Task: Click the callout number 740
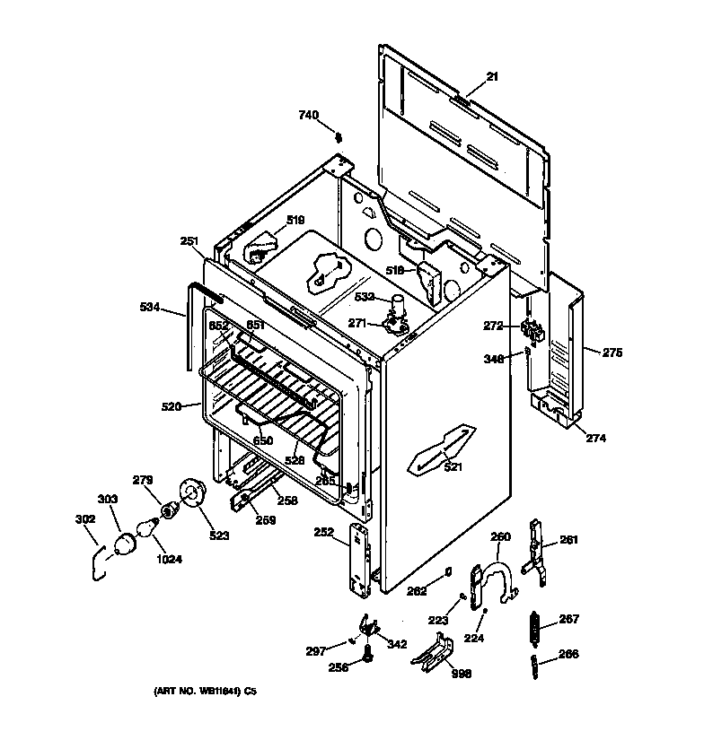pos(309,115)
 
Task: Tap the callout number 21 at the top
pos(492,77)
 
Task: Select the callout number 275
pos(612,353)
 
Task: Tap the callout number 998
pos(462,674)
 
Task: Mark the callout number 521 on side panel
pos(453,467)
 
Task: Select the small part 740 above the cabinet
pos(339,137)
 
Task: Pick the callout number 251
pos(189,240)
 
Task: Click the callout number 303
pos(107,498)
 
